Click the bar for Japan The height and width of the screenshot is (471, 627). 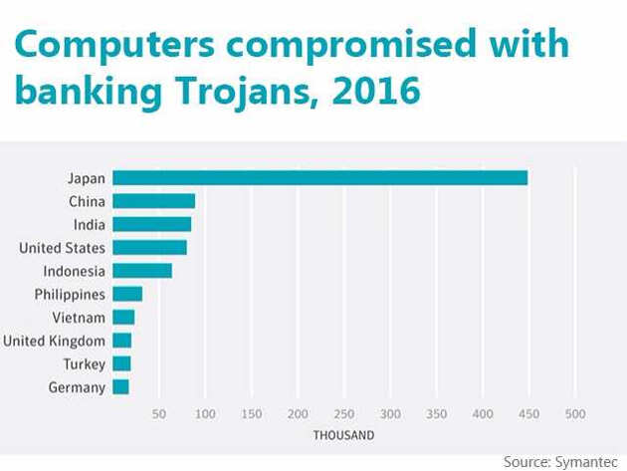point(319,178)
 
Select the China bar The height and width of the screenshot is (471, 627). point(153,201)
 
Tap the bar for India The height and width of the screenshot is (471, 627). point(151,224)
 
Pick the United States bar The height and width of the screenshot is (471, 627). point(149,247)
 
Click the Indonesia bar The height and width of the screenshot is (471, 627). point(142,271)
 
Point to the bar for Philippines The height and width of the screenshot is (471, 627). point(127,294)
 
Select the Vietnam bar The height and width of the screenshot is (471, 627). point(123,318)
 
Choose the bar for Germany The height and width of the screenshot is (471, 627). point(120,387)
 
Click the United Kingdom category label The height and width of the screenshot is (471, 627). point(54,341)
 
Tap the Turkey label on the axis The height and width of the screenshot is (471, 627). point(84,364)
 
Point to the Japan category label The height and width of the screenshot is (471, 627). point(87,178)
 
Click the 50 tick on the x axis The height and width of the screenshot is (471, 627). point(159,413)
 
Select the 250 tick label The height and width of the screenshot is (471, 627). point(343,413)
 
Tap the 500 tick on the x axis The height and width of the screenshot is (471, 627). point(574,413)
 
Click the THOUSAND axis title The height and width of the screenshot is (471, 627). point(343,435)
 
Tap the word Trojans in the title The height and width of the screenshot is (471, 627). point(236,93)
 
